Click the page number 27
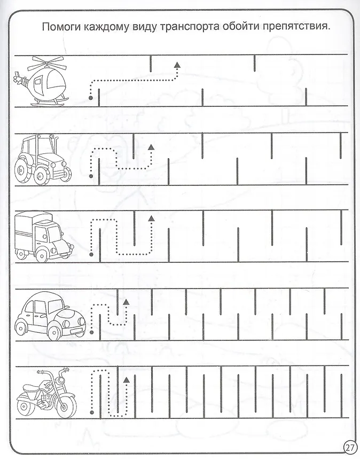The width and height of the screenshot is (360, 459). click(x=349, y=448)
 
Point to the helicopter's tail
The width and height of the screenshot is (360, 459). click(x=20, y=79)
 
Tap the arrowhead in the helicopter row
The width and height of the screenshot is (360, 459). click(x=177, y=65)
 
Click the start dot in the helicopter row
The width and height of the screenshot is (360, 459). click(x=91, y=98)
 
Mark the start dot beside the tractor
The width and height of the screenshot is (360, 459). click(x=91, y=176)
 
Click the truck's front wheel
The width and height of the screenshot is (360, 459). click(x=42, y=255)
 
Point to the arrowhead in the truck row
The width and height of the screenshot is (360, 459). click(x=151, y=218)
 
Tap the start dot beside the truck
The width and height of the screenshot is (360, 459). click(x=91, y=255)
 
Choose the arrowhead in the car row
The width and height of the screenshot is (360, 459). click(x=126, y=302)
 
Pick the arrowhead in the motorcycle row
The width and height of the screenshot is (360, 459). click(x=126, y=380)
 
